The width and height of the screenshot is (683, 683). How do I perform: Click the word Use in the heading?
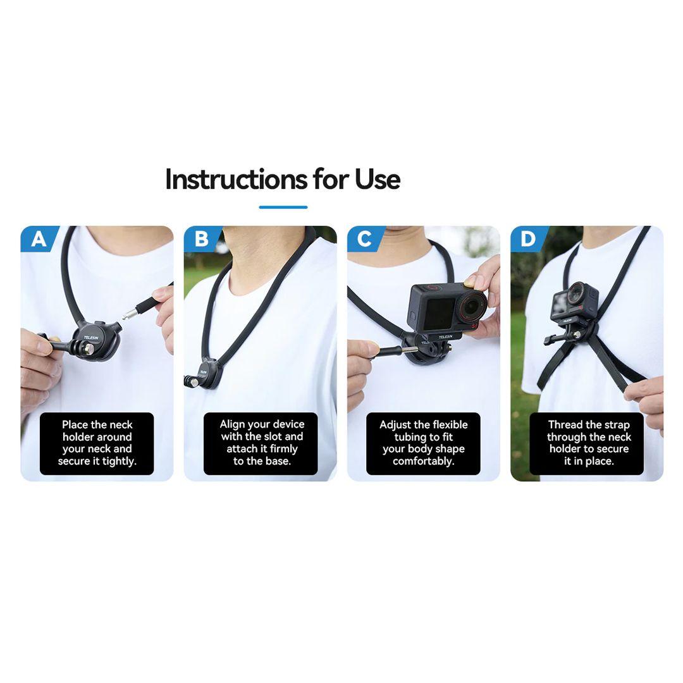click(x=377, y=179)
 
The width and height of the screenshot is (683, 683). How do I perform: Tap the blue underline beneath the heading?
click(x=283, y=207)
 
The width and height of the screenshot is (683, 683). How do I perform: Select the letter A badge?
click(x=39, y=239)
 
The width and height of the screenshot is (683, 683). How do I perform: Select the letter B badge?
click(x=202, y=239)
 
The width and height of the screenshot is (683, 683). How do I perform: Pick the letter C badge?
click(x=365, y=239)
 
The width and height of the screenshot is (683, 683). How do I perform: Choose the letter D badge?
click(x=528, y=239)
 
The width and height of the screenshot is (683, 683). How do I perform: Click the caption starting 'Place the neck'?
click(x=97, y=443)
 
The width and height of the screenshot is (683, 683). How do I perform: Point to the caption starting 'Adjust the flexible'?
click(x=423, y=443)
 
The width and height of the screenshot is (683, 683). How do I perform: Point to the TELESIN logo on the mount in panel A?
click(x=92, y=338)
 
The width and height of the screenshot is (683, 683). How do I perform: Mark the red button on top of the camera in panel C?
click(x=432, y=288)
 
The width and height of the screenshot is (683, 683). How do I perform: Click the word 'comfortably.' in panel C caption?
click(x=423, y=461)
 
